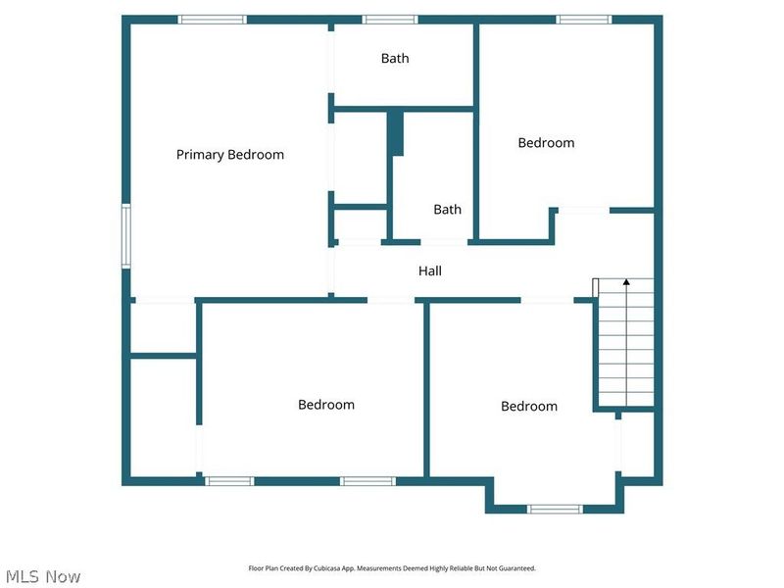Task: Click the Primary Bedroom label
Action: click(x=230, y=155)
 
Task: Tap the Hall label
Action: click(x=430, y=271)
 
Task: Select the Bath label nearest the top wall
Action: click(x=395, y=59)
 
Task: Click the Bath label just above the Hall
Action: click(x=448, y=210)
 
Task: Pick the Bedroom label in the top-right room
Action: click(x=546, y=143)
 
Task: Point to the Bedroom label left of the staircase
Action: click(x=529, y=407)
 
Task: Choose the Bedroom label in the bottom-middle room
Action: click(x=326, y=405)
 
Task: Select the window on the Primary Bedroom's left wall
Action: click(x=126, y=235)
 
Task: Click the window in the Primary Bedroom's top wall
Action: click(x=213, y=19)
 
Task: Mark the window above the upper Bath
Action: click(x=390, y=19)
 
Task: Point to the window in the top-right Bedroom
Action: click(x=584, y=19)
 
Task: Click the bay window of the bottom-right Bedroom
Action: click(x=555, y=509)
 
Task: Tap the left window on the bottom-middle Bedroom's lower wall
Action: click(x=229, y=481)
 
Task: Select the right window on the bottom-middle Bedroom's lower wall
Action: click(x=367, y=481)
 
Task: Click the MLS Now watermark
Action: click(x=43, y=576)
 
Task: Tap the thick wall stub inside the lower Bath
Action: click(x=395, y=134)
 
